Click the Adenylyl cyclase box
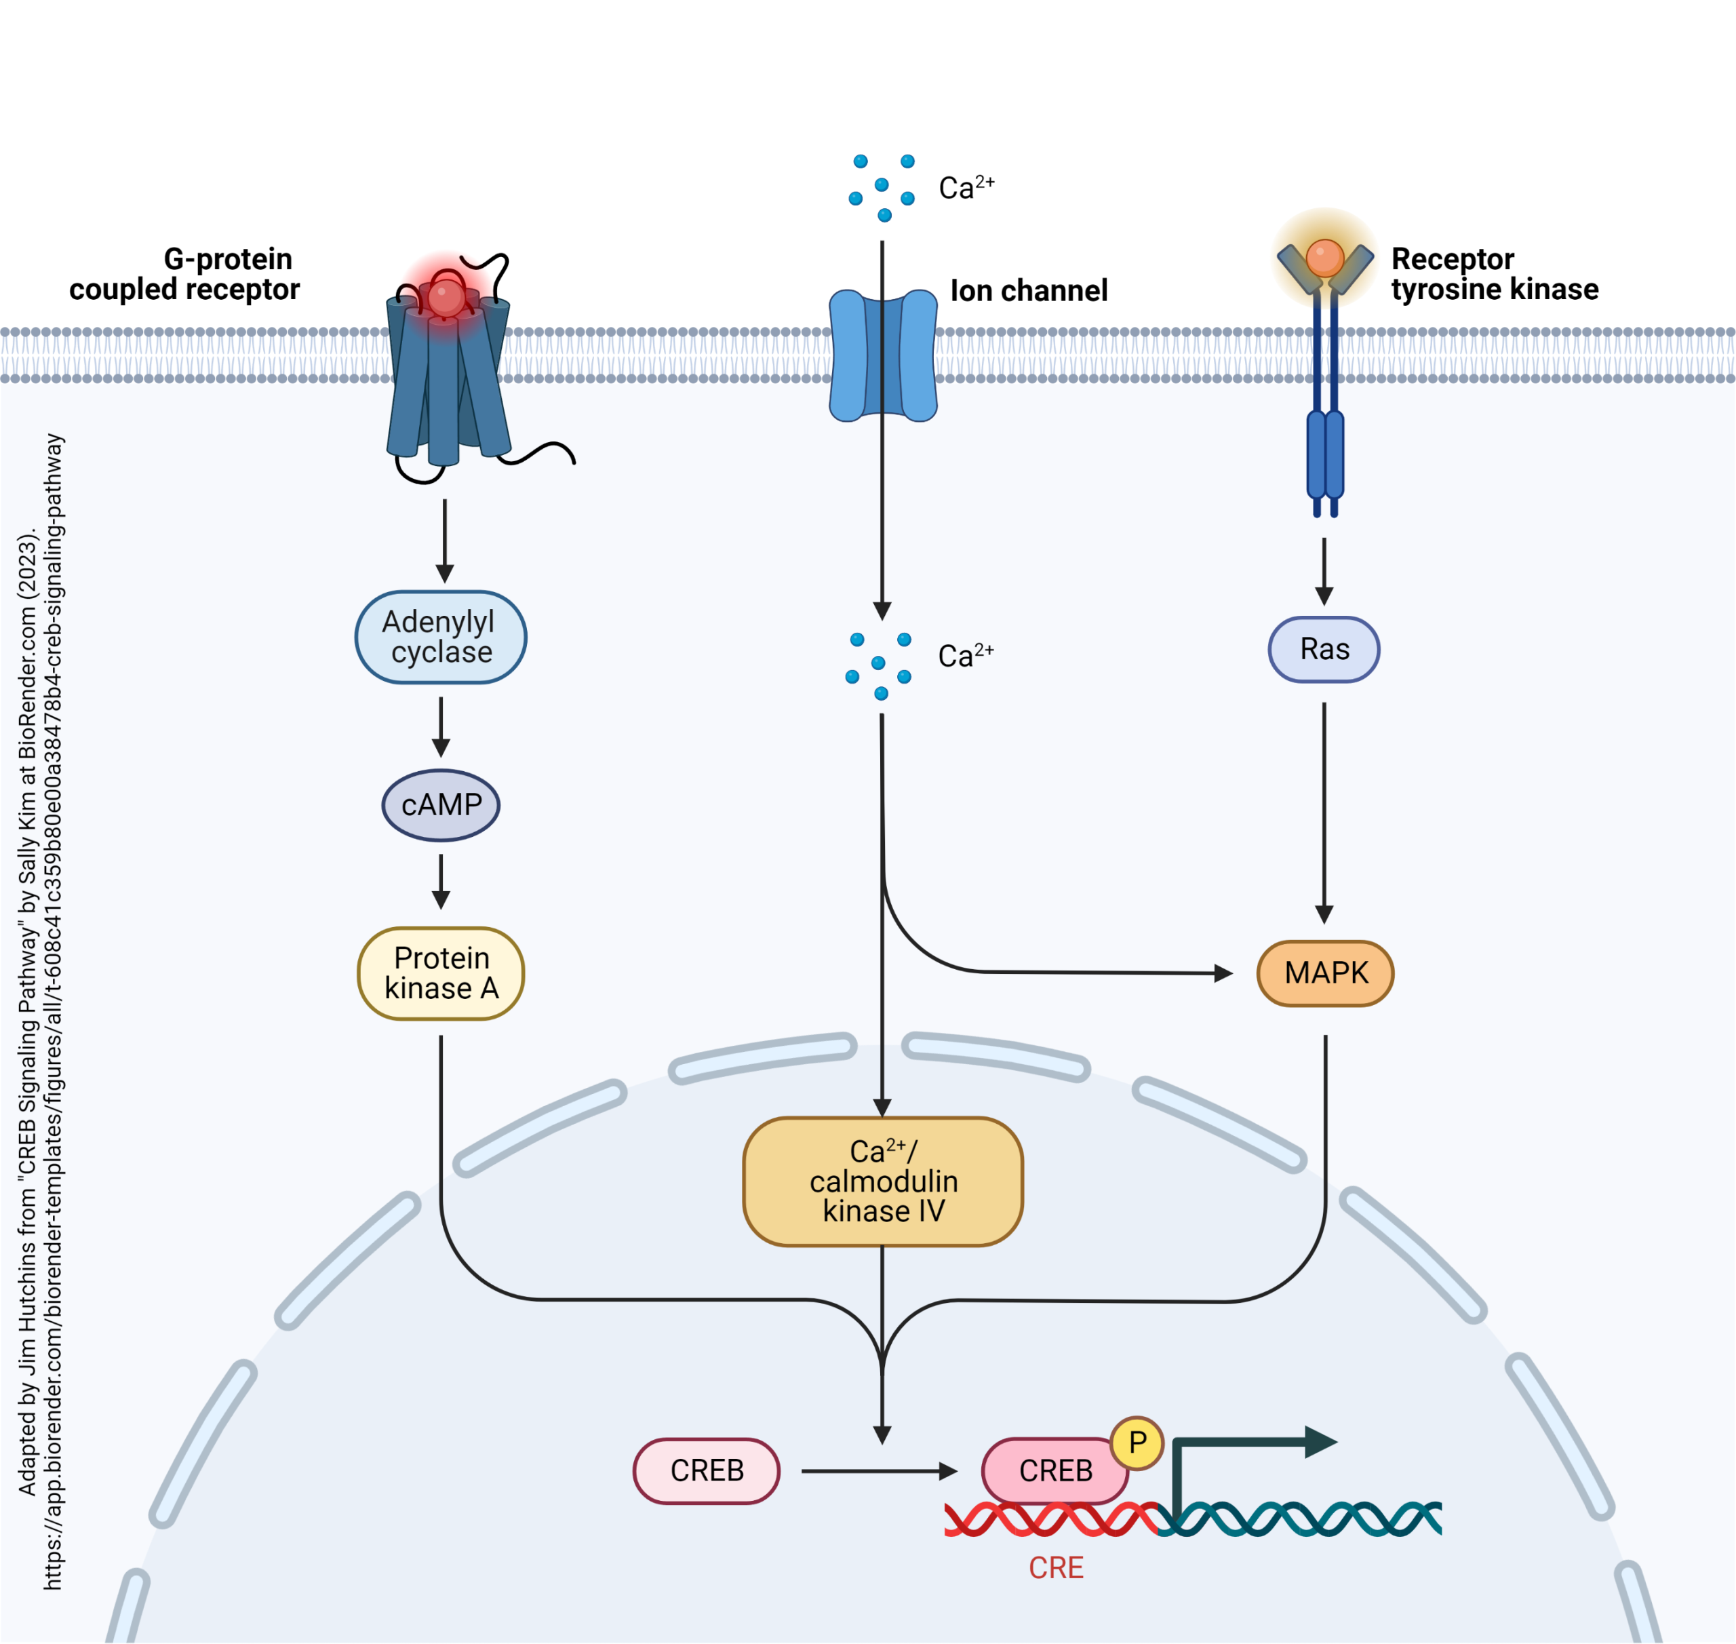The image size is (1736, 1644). [441, 637]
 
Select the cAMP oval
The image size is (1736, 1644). [441, 804]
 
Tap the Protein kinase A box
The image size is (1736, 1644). [441, 973]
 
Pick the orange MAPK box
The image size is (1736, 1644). [1324, 973]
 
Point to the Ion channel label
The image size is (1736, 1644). [1028, 290]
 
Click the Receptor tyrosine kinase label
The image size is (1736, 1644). [1493, 273]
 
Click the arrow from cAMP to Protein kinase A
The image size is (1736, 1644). [441, 881]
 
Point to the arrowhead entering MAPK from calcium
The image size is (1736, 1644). [1223, 973]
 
